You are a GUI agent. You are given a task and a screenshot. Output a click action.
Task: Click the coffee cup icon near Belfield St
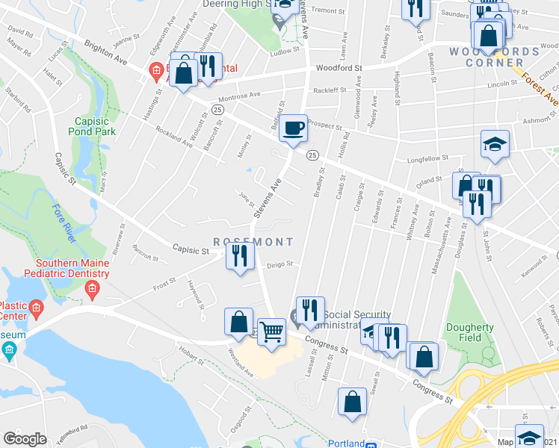pyautogui.click(x=294, y=128)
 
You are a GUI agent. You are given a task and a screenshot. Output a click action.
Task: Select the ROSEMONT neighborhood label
pyautogui.click(x=253, y=242)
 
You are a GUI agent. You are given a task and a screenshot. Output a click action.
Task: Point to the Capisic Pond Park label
pyautogui.click(x=96, y=126)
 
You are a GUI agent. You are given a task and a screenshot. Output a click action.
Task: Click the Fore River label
pyautogui.click(x=64, y=223)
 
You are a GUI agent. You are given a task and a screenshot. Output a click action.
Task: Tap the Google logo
pyautogui.click(x=25, y=438)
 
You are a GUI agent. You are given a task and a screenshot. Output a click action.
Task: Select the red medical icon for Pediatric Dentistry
pyautogui.click(x=93, y=289)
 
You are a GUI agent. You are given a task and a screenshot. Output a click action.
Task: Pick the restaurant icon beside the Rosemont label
pyautogui.click(x=240, y=257)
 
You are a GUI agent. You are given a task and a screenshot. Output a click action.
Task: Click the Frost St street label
pyautogui.click(x=163, y=282)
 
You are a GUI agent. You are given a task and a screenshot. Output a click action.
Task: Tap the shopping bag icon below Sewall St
pyautogui.click(x=352, y=402)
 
